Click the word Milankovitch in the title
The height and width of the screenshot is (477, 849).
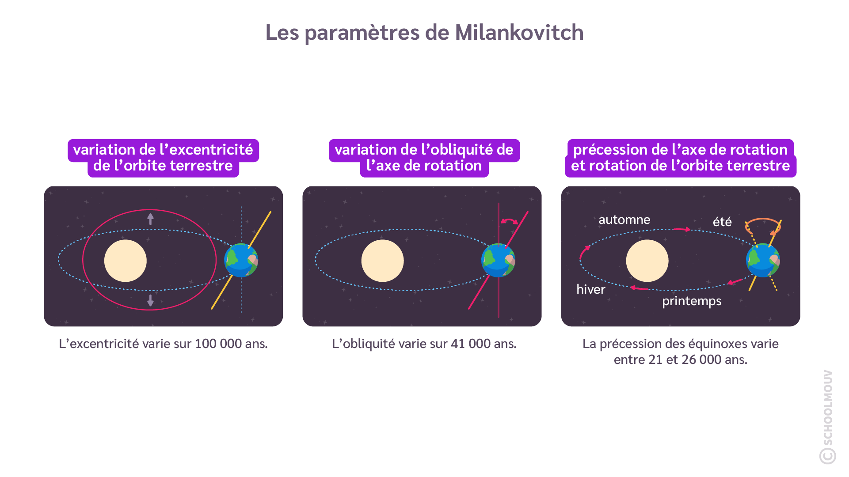519,33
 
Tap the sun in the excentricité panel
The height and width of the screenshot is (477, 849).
126,261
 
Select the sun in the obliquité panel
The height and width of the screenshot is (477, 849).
382,261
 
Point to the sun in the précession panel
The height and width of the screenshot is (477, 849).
647,261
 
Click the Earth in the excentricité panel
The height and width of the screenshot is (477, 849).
241,260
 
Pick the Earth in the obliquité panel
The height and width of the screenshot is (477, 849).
498,260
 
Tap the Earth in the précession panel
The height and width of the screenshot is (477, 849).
763,260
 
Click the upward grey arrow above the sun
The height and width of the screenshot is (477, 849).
151,219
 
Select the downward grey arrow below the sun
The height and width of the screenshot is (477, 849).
151,300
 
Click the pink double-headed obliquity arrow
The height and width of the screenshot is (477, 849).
509,221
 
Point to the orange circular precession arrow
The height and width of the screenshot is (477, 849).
763,225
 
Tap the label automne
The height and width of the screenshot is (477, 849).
624,220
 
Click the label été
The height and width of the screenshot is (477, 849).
722,222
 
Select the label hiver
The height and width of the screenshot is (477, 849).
590,289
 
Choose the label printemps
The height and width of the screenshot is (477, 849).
692,301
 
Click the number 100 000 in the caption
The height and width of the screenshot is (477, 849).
218,344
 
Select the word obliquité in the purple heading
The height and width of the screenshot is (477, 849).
458,150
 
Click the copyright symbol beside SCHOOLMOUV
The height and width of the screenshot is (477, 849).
827,456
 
